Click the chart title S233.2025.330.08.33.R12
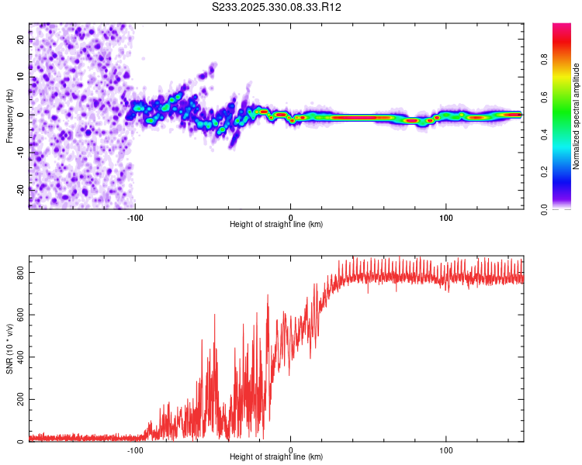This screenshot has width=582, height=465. (x=277, y=8)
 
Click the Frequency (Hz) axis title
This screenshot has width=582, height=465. (x=9, y=115)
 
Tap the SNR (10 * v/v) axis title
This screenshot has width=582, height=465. (x=9, y=348)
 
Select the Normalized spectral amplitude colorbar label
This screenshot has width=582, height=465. (x=576, y=116)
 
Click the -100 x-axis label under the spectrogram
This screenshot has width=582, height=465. (x=135, y=217)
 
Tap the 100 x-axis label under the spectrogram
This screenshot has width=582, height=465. (x=446, y=217)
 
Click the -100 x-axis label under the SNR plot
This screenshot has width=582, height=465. (x=135, y=449)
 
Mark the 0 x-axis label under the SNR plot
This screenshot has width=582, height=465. (x=291, y=449)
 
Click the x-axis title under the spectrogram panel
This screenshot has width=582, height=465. (x=276, y=225)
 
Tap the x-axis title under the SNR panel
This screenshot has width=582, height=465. (x=276, y=457)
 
